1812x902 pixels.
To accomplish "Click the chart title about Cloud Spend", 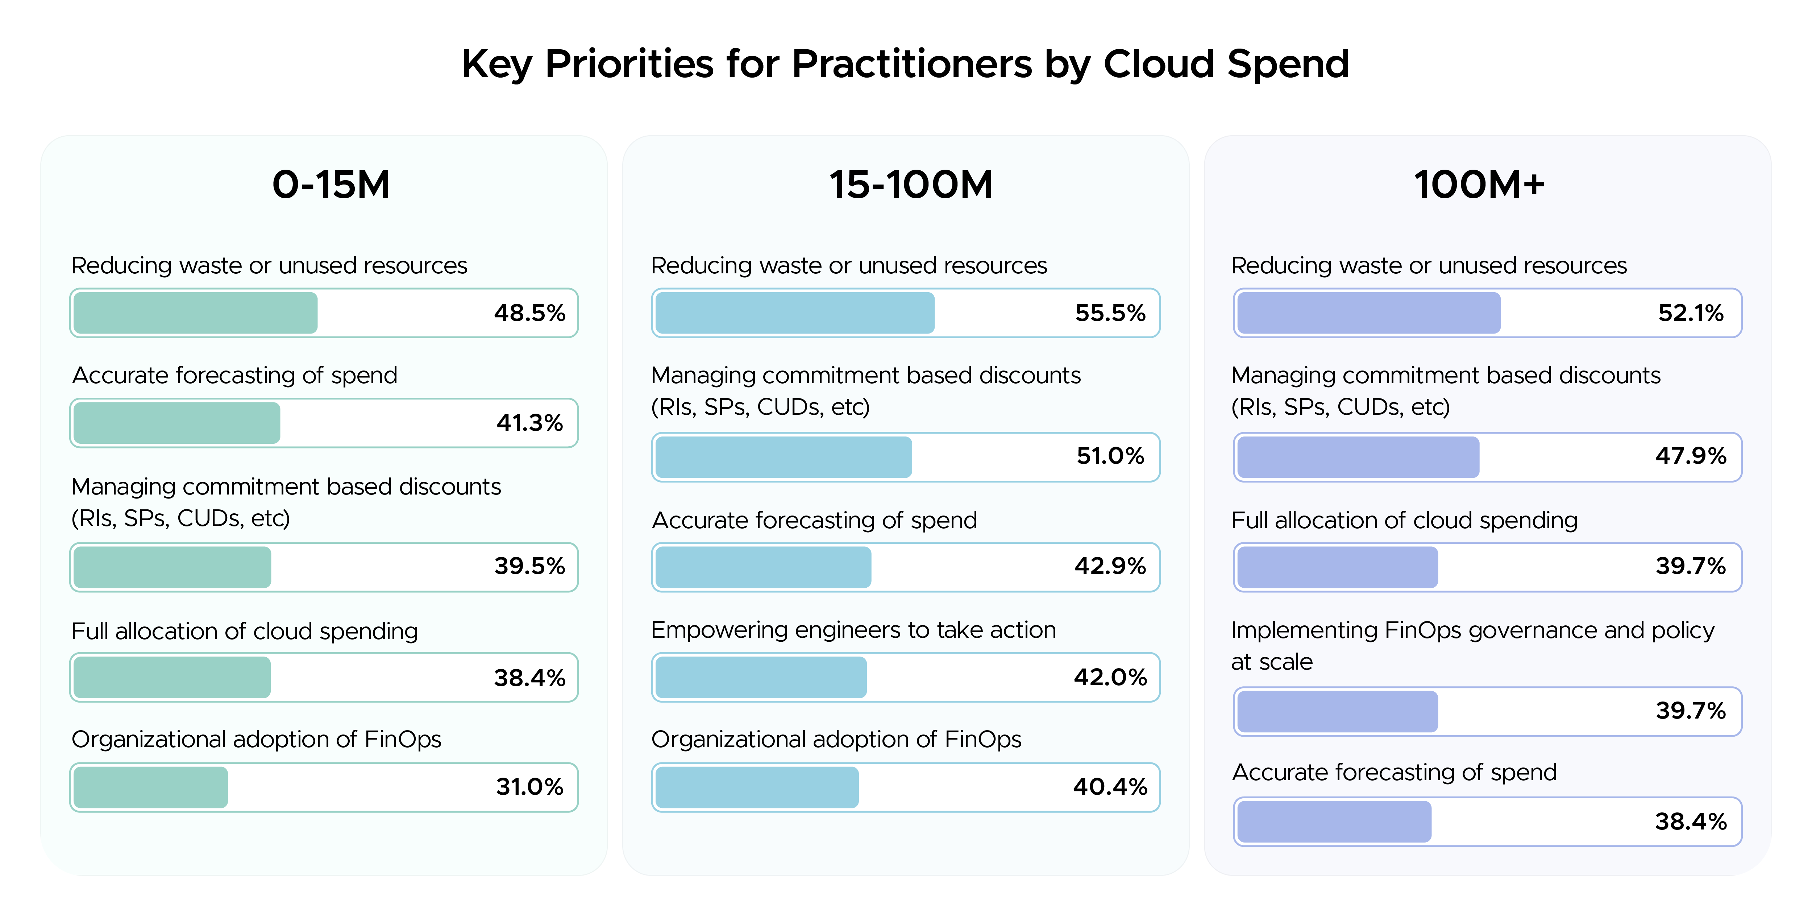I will pyautogui.click(x=905, y=64).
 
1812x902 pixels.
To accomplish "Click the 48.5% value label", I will pyautogui.click(x=529, y=313).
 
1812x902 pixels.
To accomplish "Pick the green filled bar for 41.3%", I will pyautogui.click(x=176, y=423).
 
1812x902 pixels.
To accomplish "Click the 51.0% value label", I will pyautogui.click(x=1110, y=456).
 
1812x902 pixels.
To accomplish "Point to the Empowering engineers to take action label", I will pyautogui.click(x=853, y=630).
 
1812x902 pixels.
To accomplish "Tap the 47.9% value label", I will pyautogui.click(x=1690, y=456).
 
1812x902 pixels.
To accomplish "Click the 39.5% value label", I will pyautogui.click(x=529, y=566).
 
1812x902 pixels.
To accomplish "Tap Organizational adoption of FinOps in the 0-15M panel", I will pyautogui.click(x=256, y=740).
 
